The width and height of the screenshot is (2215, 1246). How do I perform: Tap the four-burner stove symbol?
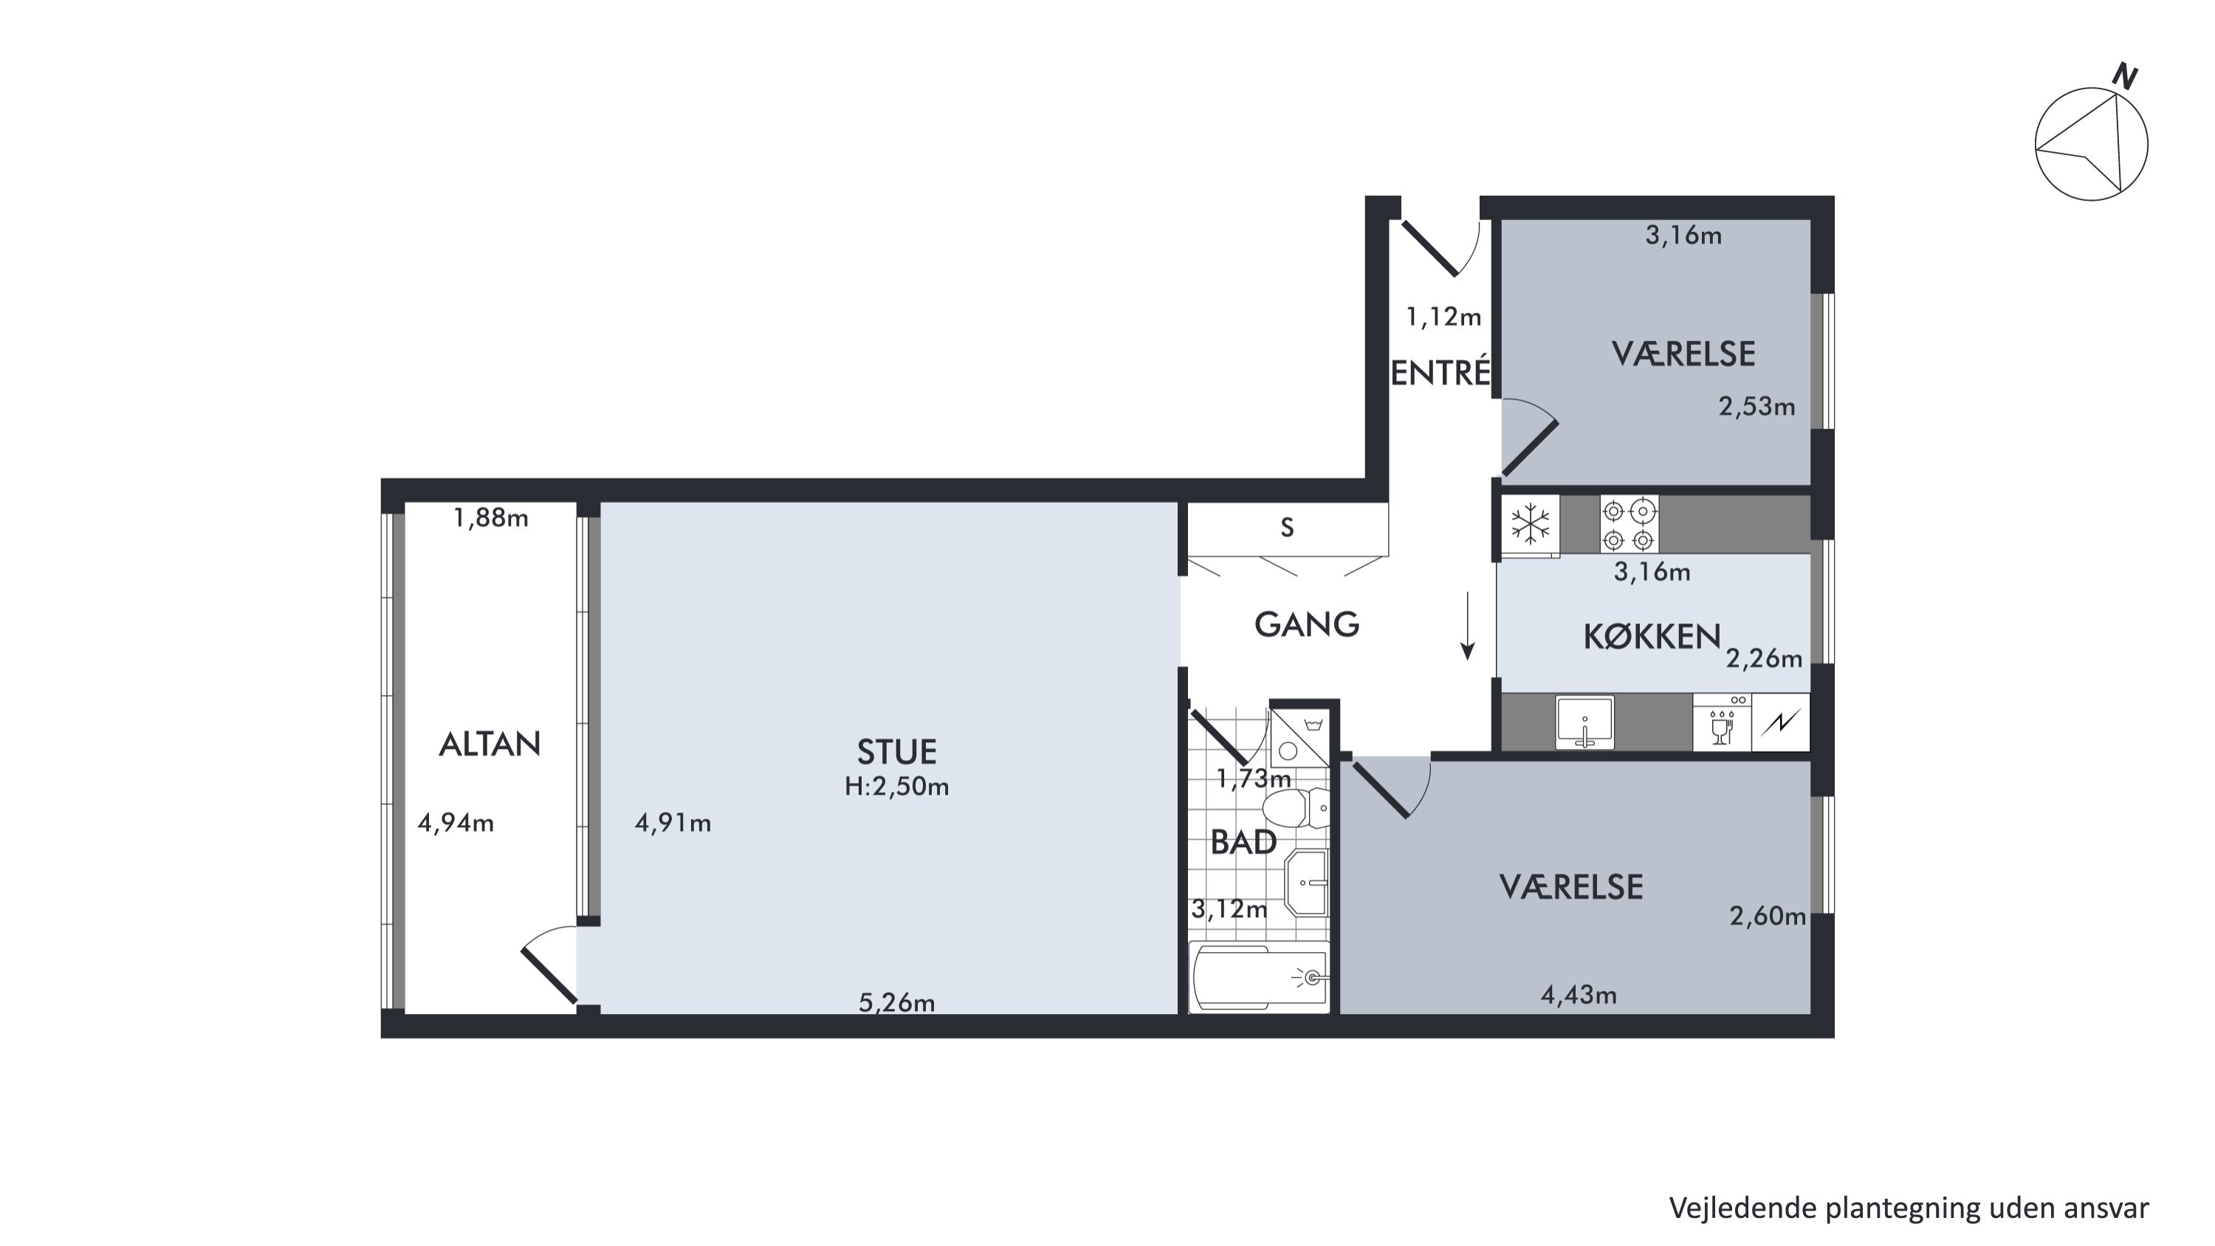click(1629, 524)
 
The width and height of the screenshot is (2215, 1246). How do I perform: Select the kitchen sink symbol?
click(1584, 722)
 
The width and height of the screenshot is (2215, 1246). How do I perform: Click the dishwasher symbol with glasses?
click(1722, 722)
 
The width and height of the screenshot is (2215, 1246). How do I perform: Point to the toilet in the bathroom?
click(1295, 808)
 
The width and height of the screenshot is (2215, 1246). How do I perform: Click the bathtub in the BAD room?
click(1260, 978)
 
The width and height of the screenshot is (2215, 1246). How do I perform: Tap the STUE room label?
click(896, 753)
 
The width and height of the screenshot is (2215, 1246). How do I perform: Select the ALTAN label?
click(490, 744)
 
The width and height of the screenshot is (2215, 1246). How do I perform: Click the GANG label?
click(1306, 625)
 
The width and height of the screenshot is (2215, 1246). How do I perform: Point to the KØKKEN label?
click(1652, 637)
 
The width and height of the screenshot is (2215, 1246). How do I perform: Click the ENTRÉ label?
click(1440, 372)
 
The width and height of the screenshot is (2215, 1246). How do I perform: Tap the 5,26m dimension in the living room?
click(896, 1003)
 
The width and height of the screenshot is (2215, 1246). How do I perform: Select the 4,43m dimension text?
click(1578, 996)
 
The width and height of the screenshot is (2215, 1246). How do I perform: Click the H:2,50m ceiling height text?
click(896, 787)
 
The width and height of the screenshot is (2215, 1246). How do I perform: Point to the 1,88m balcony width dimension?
click(490, 518)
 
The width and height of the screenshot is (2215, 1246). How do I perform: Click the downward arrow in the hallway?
click(1468, 625)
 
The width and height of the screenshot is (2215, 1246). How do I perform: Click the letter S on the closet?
click(1287, 528)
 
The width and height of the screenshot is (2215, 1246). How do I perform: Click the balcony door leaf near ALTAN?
click(549, 975)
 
